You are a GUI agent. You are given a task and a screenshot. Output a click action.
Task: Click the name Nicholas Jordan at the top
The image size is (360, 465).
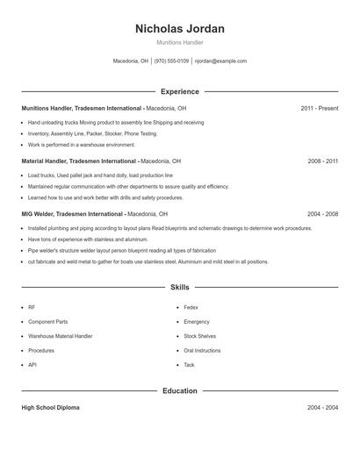tap(180, 29)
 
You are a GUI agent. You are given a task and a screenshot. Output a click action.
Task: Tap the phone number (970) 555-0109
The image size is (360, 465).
tap(171, 61)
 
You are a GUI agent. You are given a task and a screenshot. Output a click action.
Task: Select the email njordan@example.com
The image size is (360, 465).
tap(220, 61)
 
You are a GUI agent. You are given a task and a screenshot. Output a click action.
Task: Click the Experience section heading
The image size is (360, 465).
tap(180, 91)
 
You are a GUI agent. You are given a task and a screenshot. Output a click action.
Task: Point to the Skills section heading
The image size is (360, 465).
tap(180, 287)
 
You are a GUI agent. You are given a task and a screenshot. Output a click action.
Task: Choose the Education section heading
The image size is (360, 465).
tap(180, 390)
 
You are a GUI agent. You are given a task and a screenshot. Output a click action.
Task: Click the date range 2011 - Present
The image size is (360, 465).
tap(319, 108)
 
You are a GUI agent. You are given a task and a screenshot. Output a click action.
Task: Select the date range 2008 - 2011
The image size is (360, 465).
tap(323, 161)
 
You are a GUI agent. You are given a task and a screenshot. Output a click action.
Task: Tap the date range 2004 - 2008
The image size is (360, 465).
tap(323, 213)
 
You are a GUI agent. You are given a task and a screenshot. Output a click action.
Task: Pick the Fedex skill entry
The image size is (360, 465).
tap(191, 308)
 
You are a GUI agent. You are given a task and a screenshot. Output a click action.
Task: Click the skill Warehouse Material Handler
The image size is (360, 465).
tap(60, 336)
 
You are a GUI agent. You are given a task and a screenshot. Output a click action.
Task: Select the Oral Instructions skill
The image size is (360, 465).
tap(202, 350)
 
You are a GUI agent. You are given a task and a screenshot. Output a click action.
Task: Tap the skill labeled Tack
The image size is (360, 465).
tap(189, 364)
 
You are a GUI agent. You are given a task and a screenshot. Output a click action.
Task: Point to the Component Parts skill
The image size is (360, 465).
tap(47, 322)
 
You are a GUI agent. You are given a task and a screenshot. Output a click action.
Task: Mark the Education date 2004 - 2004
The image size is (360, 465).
tap(323, 408)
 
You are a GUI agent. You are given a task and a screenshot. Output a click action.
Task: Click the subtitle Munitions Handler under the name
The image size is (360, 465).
tap(180, 42)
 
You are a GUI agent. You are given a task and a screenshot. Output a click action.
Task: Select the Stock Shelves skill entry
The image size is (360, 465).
tap(199, 336)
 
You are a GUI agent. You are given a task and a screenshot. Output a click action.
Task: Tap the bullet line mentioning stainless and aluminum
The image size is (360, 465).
tap(88, 239)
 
